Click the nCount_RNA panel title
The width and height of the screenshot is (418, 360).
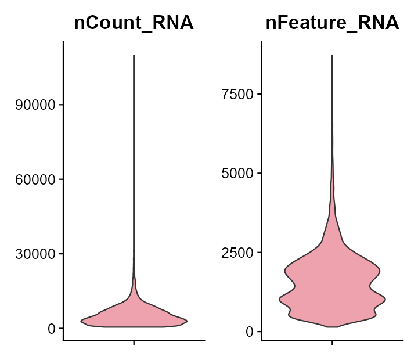(134, 23)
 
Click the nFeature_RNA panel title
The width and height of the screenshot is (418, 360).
(332, 23)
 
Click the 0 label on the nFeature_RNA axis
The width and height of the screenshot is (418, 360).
(249, 332)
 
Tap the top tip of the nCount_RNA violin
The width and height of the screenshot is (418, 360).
(134, 56)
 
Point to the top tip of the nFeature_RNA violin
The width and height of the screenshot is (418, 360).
(332, 55)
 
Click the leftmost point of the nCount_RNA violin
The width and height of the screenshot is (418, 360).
(81, 321)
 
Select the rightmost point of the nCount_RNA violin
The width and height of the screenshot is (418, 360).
(188, 321)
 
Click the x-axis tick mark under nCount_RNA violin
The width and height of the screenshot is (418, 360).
(134, 343)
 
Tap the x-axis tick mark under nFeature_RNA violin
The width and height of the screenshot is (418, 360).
(332, 343)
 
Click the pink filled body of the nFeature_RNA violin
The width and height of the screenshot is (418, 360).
(332, 285)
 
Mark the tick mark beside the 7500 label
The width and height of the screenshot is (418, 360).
(259, 94)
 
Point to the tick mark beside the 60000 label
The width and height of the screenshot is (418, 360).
(60, 179)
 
